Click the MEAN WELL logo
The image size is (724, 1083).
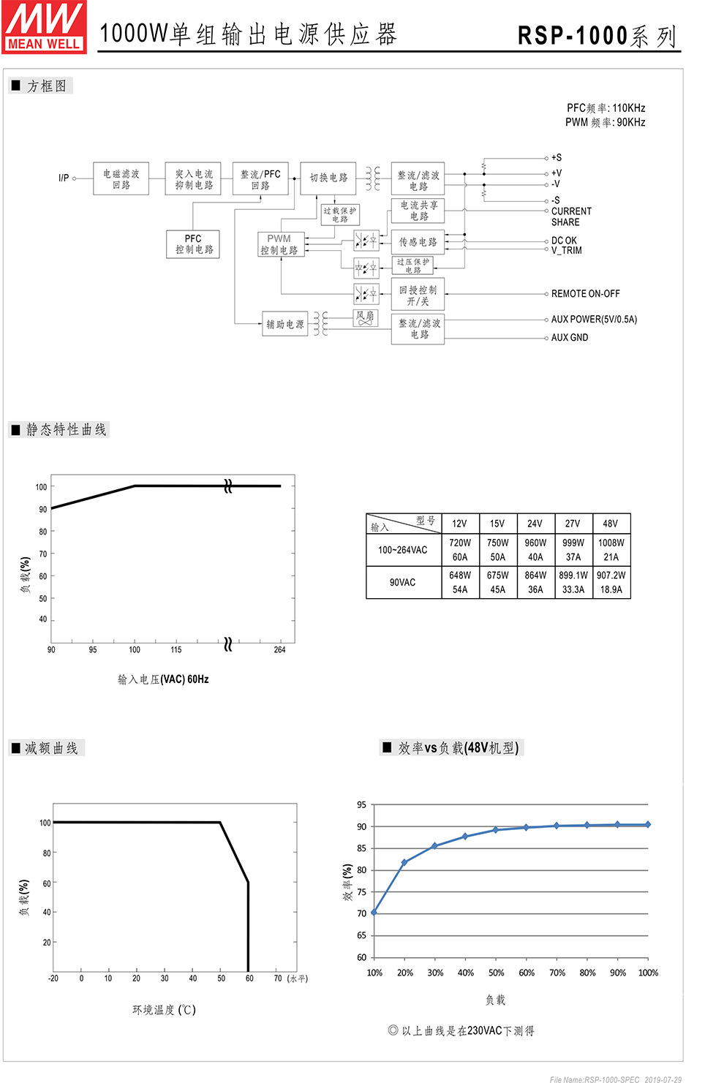[x=44, y=27]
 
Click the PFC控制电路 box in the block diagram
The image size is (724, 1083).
[x=193, y=244]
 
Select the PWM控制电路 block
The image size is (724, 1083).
[x=279, y=244]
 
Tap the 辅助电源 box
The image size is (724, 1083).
[x=284, y=324]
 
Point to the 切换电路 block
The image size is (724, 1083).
[x=328, y=178]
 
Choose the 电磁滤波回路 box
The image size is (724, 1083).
[x=121, y=179]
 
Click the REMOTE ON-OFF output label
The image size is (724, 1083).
[x=585, y=294]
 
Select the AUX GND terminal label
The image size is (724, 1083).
[x=570, y=338]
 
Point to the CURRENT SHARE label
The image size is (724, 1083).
[x=571, y=216]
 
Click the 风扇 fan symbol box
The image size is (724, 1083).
[x=365, y=317]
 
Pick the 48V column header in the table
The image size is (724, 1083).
[x=611, y=524]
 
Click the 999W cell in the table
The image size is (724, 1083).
[x=573, y=543]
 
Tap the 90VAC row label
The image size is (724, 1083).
[x=403, y=583]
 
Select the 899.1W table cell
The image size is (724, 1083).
[x=573, y=576]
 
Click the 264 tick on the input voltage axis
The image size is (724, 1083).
[x=279, y=649]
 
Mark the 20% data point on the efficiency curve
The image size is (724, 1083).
[x=404, y=863]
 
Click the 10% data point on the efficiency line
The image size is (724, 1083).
[x=374, y=913]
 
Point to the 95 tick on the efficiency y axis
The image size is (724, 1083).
[x=362, y=805]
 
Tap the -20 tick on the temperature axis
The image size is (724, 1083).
[x=53, y=978]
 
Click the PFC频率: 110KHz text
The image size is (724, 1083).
[x=606, y=108]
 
